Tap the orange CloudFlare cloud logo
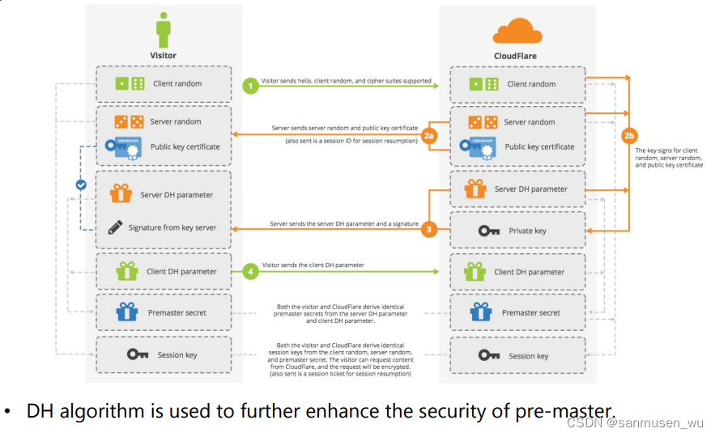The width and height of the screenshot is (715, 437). [517, 32]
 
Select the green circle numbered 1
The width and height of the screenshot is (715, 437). [252, 84]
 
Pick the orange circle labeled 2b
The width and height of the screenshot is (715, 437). [628, 134]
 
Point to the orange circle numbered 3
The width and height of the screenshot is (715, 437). [428, 230]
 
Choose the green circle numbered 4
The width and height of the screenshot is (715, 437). [252, 272]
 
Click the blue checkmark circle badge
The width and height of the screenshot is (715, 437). [81, 185]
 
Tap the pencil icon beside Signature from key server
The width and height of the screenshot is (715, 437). [115, 227]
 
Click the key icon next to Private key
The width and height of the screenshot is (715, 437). [489, 231]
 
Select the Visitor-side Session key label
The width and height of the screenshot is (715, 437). [177, 354]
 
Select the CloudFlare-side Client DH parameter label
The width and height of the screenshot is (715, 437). [530, 272]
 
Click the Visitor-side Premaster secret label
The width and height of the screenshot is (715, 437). [179, 312]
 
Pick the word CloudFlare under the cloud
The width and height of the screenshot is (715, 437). [515, 56]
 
